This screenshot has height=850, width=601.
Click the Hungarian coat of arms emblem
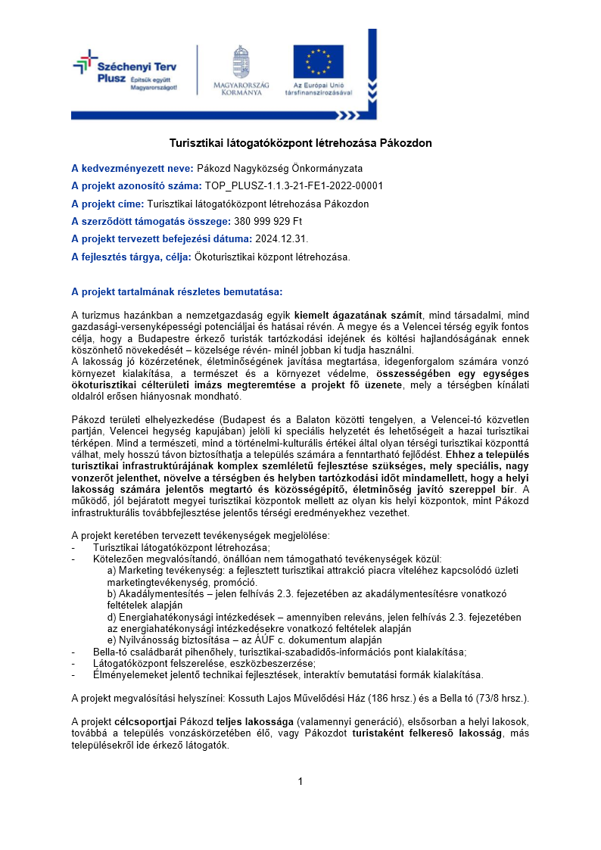click(241, 62)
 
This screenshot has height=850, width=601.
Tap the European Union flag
click(319, 61)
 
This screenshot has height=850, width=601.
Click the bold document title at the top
click(300, 142)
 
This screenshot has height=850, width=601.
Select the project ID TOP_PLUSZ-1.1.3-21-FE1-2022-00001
click(294, 185)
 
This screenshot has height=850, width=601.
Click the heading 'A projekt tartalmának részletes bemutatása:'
click(176, 291)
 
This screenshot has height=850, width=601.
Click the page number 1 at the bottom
click(300, 781)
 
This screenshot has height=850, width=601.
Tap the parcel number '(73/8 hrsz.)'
click(502, 697)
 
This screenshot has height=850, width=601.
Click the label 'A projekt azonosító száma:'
click(136, 185)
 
